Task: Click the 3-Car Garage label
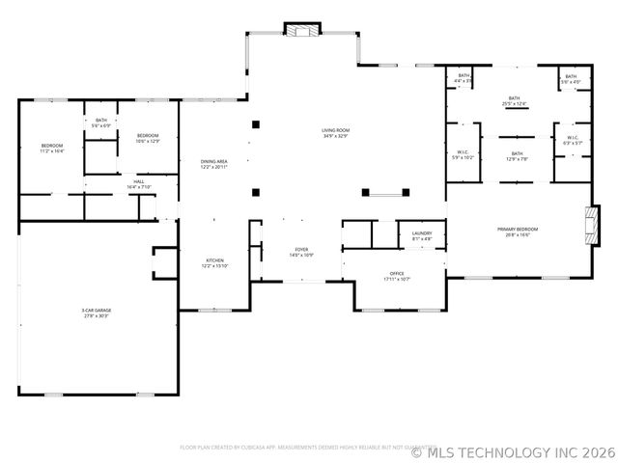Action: [x=96, y=313]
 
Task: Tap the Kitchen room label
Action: [x=214, y=262]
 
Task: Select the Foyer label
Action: [x=301, y=253]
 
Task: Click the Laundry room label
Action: [x=421, y=234]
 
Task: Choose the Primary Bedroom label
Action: [x=518, y=231]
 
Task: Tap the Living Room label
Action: [x=335, y=133]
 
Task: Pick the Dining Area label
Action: [x=214, y=164]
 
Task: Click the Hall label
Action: [x=139, y=183]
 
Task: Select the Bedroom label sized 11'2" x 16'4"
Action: [x=51, y=149]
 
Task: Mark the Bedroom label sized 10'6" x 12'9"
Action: [x=147, y=138]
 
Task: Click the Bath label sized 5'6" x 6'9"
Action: [x=101, y=123]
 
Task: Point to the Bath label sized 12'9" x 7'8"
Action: [x=517, y=155]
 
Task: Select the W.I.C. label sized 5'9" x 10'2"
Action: [x=463, y=154]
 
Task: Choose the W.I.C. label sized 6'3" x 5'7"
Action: [x=572, y=140]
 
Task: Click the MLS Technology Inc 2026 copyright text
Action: [x=512, y=449]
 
